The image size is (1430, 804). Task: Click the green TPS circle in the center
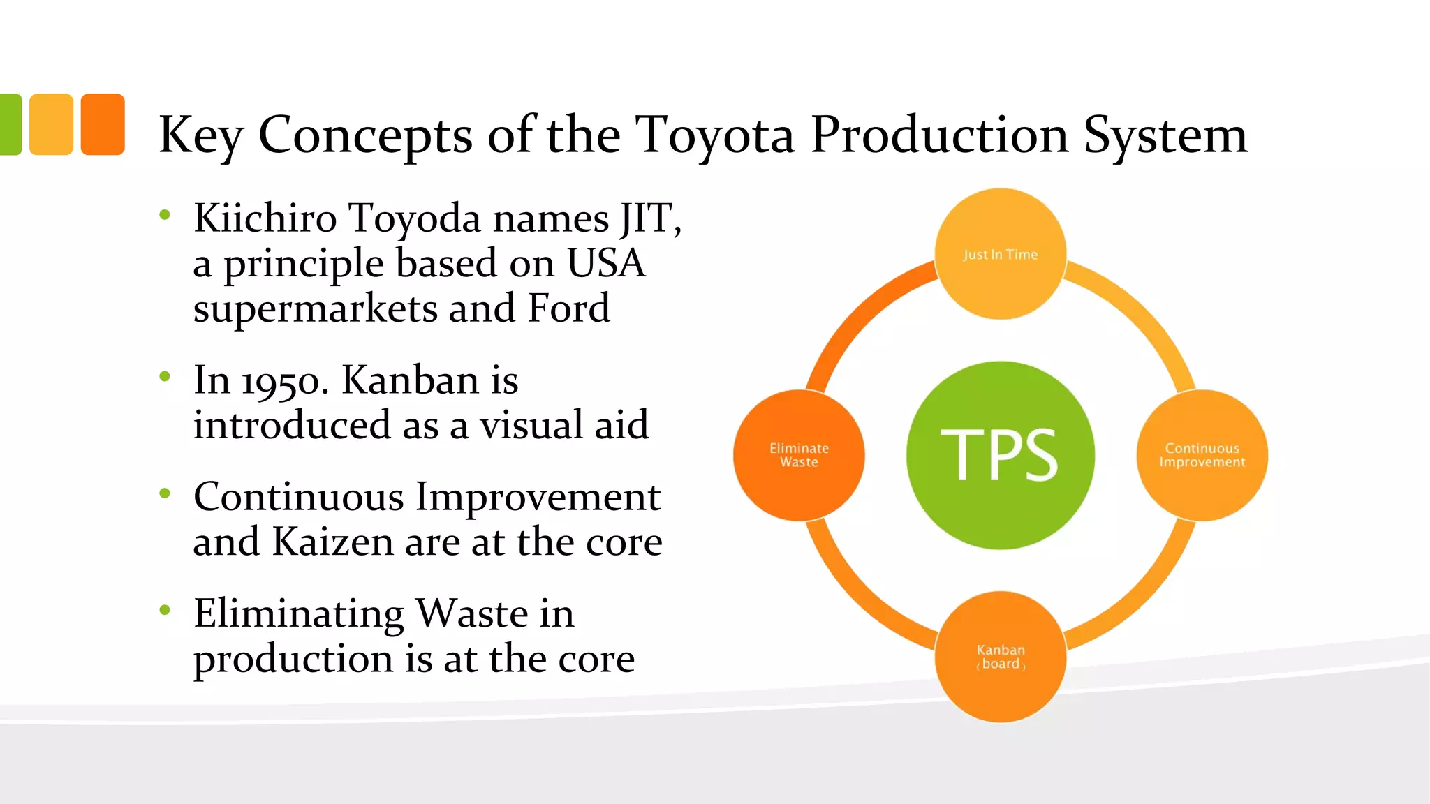[1000, 455]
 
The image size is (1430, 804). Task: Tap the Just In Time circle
[1000, 254]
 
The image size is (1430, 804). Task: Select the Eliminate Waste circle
[799, 455]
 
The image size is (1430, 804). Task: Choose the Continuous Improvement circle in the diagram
[1202, 455]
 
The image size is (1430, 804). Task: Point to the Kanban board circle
[1000, 657]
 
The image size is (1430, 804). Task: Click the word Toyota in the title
[714, 134]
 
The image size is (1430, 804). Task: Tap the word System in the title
[1164, 135]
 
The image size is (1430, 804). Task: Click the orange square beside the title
[103, 124]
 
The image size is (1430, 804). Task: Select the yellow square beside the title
[52, 124]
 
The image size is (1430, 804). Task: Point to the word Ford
[568, 308]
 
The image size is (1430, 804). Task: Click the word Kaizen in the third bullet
[332, 542]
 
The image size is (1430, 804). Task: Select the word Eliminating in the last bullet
[299, 613]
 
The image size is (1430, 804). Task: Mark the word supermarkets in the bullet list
[314, 309]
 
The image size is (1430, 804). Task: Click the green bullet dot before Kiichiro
[165, 214]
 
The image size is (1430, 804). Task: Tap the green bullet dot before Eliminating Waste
[165, 611]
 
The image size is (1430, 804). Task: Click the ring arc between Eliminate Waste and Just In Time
[859, 314]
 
